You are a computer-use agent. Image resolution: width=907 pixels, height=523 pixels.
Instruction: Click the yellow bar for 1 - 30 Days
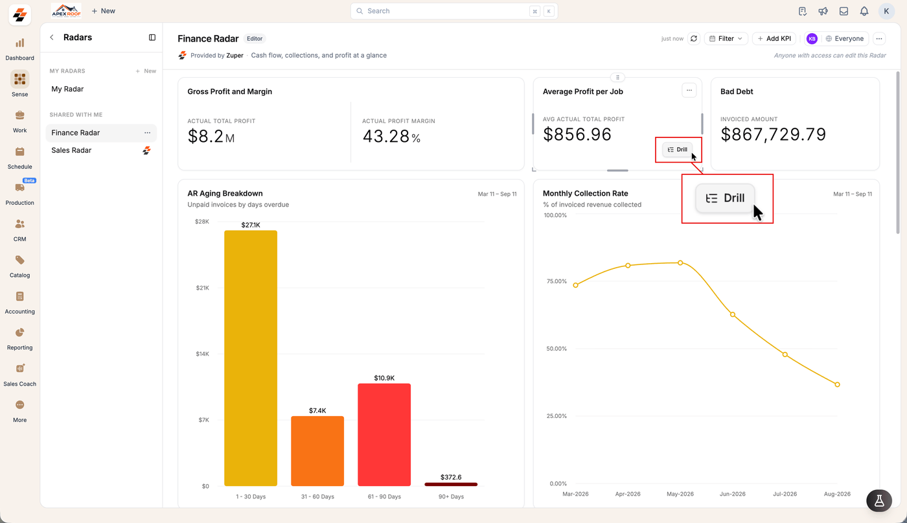251,358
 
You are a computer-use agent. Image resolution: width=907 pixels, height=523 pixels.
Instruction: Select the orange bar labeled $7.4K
317,451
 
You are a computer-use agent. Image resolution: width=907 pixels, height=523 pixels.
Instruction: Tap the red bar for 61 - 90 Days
384,435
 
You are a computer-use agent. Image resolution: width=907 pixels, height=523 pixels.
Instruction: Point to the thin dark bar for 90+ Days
451,484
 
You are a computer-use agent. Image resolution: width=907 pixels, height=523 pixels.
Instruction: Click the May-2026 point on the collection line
680,263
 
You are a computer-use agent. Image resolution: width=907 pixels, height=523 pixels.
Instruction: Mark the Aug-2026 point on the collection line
837,384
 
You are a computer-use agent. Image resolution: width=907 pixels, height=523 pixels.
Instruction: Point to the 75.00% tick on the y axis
557,281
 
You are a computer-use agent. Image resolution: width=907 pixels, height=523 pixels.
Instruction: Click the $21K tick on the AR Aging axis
202,288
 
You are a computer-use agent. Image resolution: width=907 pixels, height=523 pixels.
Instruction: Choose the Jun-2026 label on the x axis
733,494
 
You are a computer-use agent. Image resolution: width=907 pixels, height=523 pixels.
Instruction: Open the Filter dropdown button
726,38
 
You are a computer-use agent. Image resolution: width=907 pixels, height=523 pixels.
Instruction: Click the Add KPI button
774,38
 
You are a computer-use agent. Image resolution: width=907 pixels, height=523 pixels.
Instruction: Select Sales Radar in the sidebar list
71,150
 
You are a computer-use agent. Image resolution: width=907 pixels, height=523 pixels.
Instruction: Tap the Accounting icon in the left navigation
20,297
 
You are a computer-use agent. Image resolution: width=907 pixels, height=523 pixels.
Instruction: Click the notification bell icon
864,11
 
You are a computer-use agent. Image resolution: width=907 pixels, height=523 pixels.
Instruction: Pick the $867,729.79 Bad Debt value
773,134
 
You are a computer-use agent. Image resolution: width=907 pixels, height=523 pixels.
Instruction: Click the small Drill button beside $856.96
678,150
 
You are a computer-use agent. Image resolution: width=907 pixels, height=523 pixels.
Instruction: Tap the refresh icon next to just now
694,38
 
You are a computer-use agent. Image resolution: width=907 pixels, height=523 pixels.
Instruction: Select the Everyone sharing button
845,38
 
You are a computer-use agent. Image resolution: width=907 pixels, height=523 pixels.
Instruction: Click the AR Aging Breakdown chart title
225,193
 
